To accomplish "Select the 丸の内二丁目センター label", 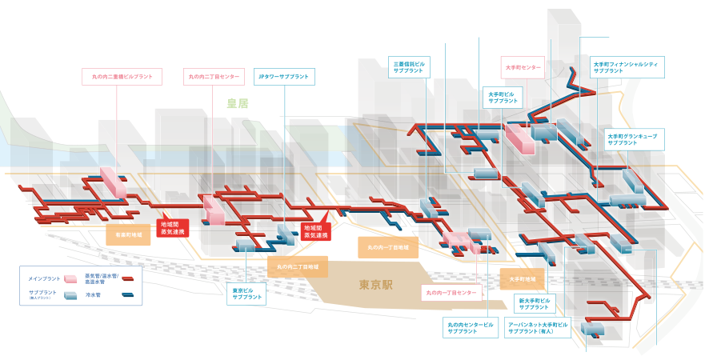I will [x=213, y=77].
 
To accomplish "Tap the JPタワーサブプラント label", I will [x=283, y=77].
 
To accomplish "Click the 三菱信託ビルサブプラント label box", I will [x=411, y=66].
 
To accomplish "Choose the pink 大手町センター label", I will [x=523, y=67].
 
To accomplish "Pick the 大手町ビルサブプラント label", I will [x=503, y=98].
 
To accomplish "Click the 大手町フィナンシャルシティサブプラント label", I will [x=629, y=66].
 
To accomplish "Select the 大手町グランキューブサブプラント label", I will [x=632, y=139].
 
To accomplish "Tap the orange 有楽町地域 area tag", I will [x=128, y=235].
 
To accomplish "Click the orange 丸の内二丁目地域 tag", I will [x=297, y=266].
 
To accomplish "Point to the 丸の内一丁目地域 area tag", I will [x=388, y=247].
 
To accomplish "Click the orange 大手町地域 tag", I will [x=523, y=278].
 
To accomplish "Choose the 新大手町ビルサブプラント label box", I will [x=535, y=304].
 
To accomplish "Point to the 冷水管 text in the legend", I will [x=95, y=295].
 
